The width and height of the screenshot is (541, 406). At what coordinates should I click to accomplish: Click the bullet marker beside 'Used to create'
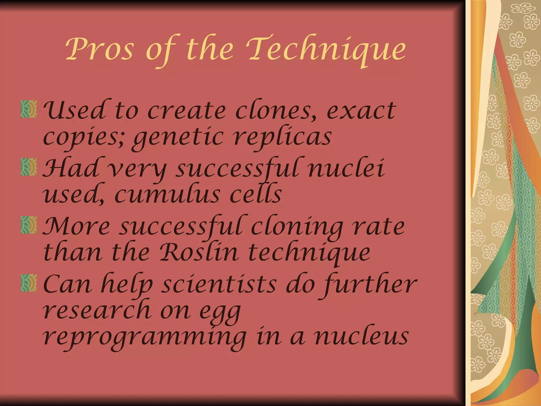tap(29, 109)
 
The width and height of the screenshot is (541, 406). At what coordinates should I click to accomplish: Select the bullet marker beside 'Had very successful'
tap(29, 167)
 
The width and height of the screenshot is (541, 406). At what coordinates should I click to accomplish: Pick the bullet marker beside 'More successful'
tap(29, 225)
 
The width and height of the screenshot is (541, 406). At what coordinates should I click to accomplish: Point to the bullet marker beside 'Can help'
tap(29, 283)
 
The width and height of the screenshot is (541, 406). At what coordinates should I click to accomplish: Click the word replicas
tap(283, 137)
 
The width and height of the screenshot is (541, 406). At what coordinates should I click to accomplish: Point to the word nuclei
tap(346, 168)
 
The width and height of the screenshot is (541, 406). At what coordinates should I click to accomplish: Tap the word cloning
tap(297, 227)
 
